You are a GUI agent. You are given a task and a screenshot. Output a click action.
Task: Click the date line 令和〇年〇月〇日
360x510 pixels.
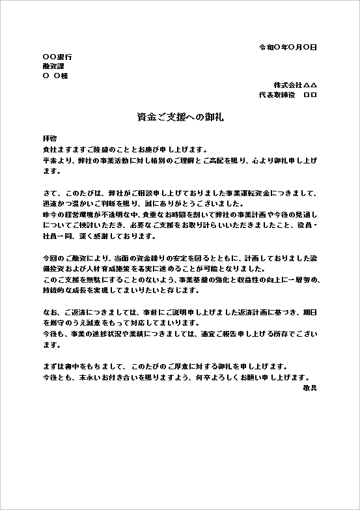click(288, 48)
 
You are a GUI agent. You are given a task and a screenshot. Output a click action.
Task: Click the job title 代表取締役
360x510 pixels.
click(277, 94)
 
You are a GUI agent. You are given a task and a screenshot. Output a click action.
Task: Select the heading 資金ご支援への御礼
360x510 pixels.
click(180, 118)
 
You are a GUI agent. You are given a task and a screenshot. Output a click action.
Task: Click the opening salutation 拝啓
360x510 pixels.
click(49, 139)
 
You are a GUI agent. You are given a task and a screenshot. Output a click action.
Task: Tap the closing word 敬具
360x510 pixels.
click(310, 387)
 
